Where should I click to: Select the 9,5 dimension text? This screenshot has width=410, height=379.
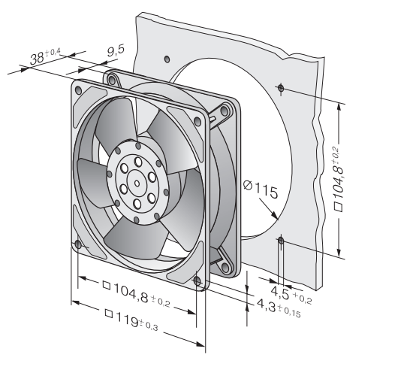tap(115, 51)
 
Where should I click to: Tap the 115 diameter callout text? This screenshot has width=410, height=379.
tap(265, 193)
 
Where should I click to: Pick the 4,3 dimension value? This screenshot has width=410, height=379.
tap(266, 306)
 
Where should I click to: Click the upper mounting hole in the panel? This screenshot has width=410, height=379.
tap(279, 89)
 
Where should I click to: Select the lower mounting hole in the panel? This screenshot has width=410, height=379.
tap(280, 241)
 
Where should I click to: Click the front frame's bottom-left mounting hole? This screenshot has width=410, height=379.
tap(80, 244)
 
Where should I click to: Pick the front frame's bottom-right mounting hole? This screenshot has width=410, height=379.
tap(197, 282)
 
